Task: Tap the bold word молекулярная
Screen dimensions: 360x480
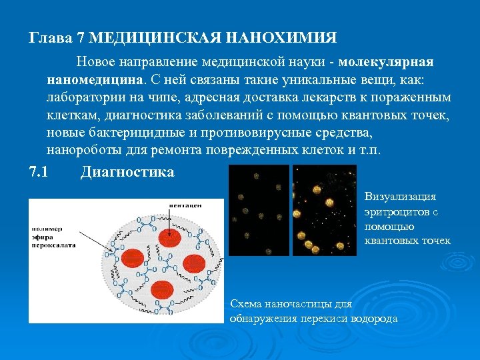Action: click(386, 62)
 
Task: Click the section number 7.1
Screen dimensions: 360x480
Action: click(39, 172)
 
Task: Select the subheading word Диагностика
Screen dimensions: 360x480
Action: click(127, 172)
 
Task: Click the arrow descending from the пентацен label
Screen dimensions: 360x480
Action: click(168, 223)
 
